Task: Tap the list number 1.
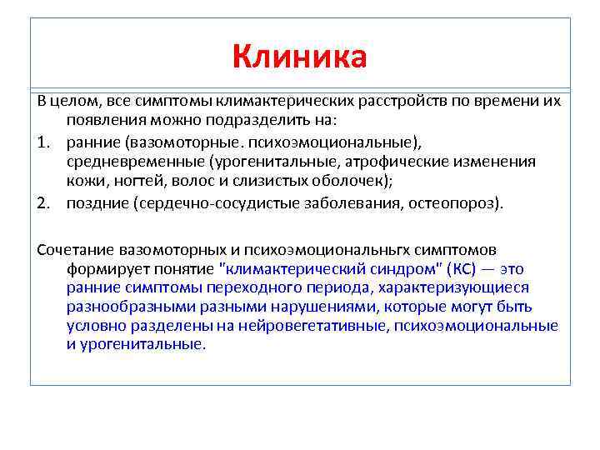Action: (42, 142)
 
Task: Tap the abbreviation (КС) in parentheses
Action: (463, 269)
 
